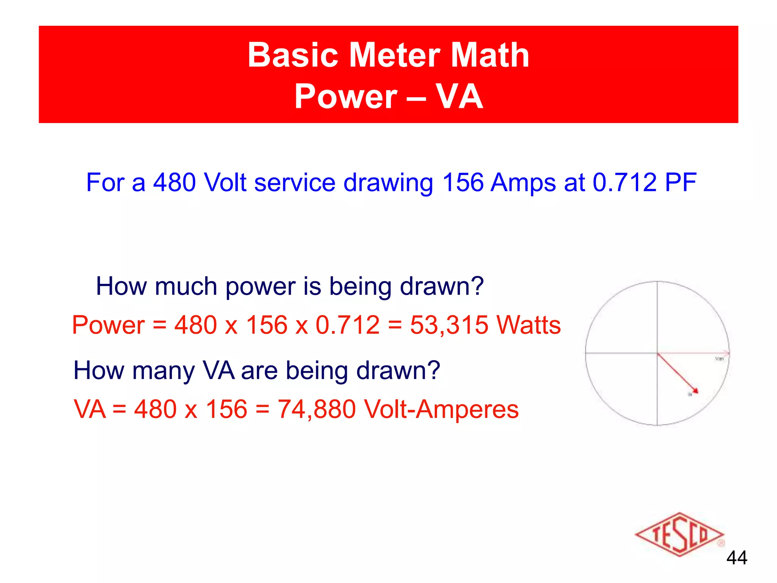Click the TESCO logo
coord(679,534)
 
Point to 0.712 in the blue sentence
coord(624,183)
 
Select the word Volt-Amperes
coord(441,410)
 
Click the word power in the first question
coord(260,287)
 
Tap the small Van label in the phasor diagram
coord(719,359)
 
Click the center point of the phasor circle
coord(657,353)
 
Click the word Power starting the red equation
coord(109,325)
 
